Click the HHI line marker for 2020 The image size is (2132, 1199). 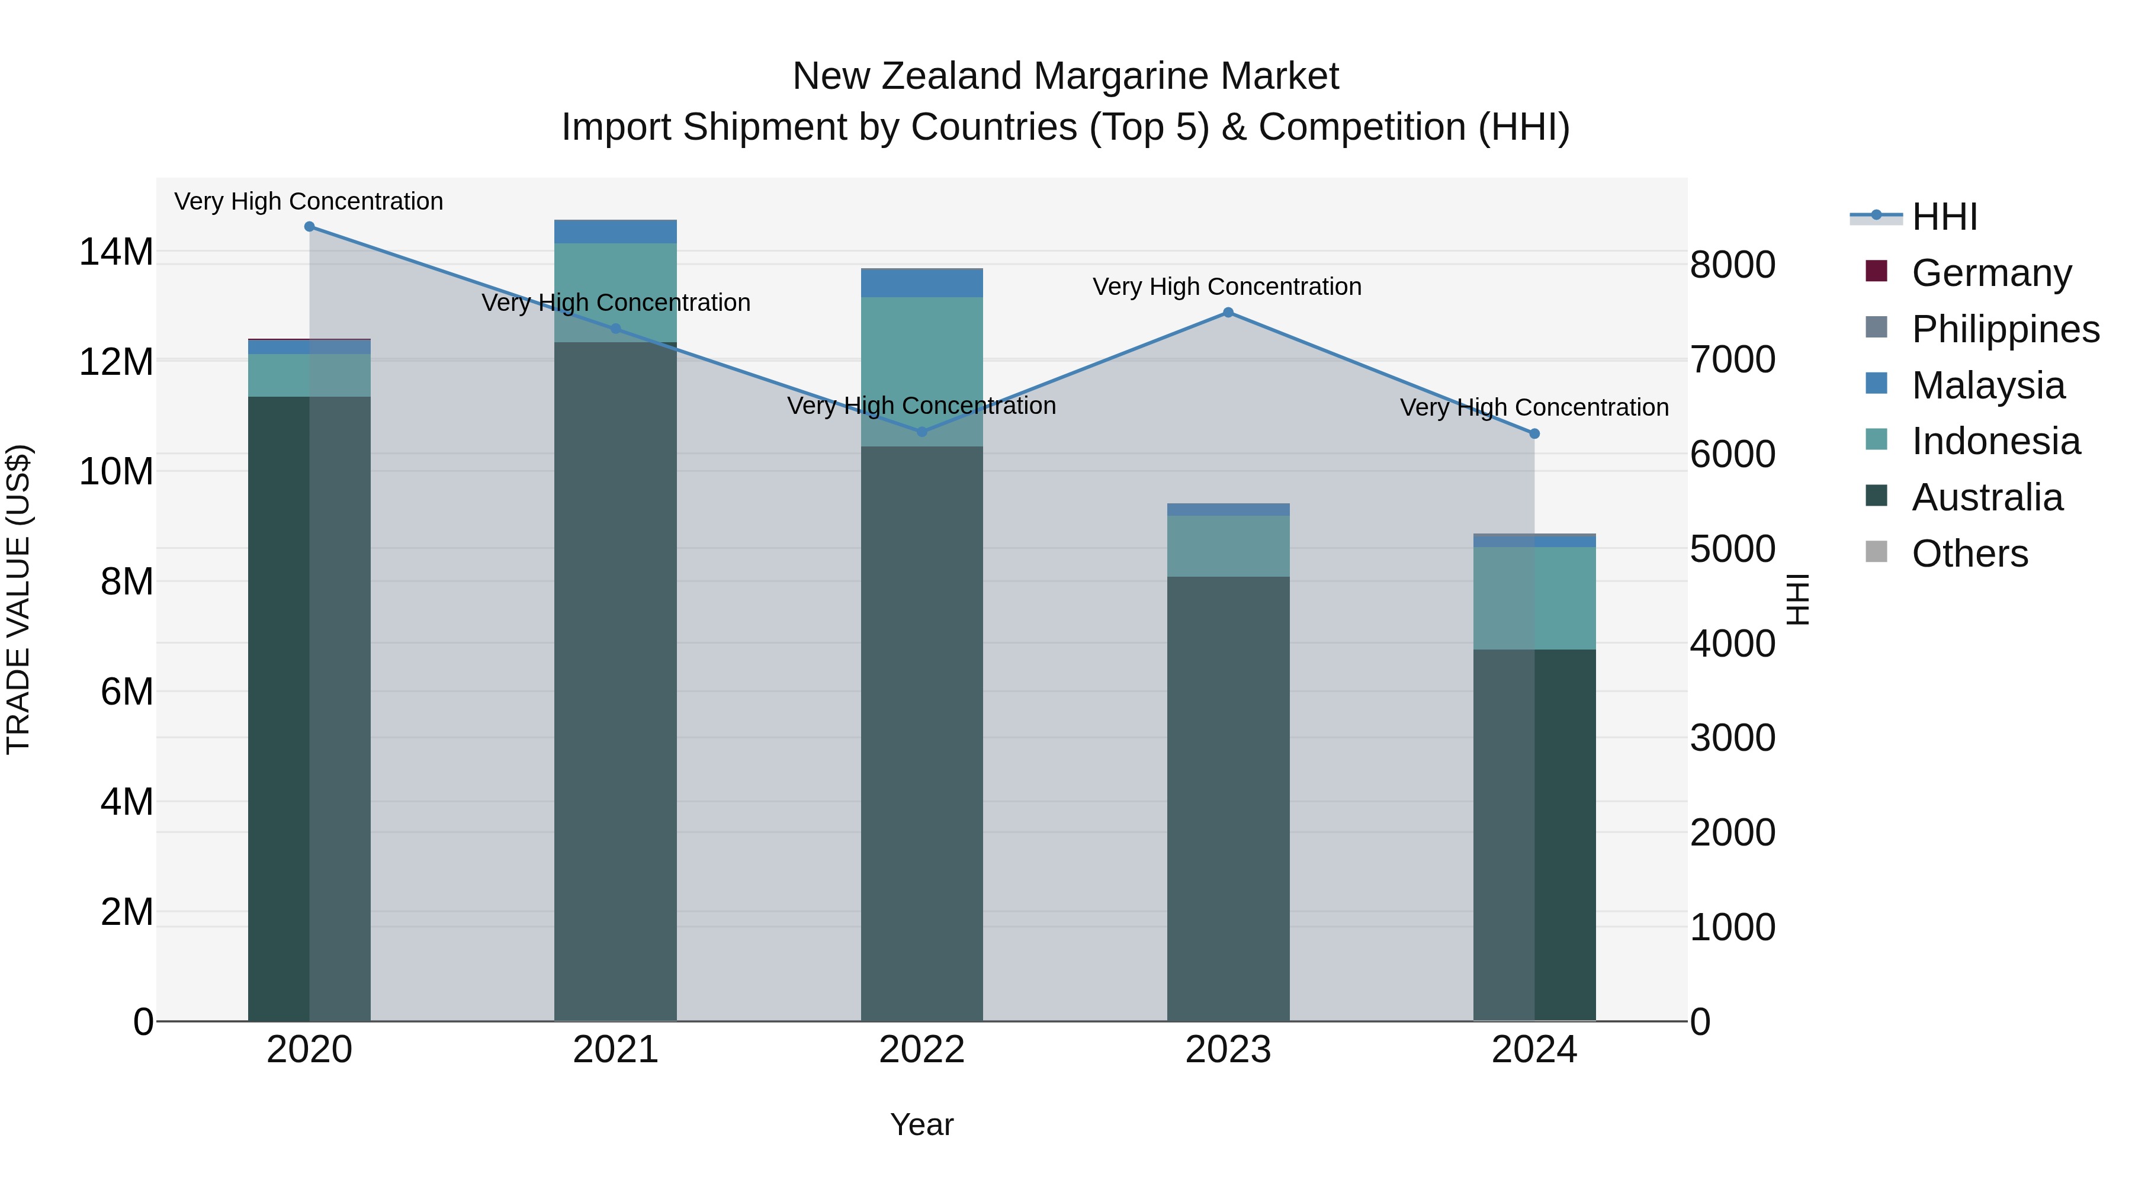310,227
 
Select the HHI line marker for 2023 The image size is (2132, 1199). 1228,313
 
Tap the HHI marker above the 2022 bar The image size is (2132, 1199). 922,432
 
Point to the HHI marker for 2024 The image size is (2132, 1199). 1534,433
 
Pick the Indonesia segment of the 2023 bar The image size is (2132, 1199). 1228,546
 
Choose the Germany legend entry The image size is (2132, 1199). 1991,273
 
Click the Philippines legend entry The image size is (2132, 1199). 2005,329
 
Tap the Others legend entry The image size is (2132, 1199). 1970,554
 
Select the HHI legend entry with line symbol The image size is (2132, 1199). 1943,217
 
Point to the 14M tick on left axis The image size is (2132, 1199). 116,252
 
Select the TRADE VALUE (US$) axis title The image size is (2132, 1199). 18,599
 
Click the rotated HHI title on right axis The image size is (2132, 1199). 1797,599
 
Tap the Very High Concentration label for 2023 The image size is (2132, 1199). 1226,287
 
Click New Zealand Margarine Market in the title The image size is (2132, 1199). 1065,76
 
